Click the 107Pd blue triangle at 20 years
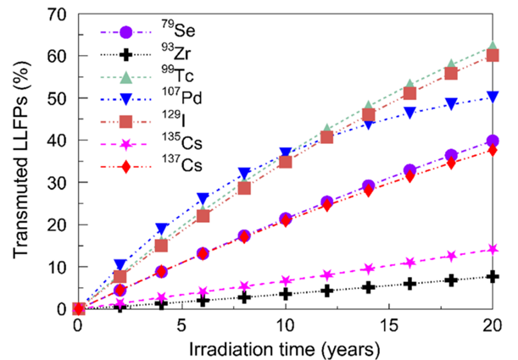[492, 97]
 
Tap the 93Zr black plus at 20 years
[492, 276]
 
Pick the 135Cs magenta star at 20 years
[492, 250]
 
